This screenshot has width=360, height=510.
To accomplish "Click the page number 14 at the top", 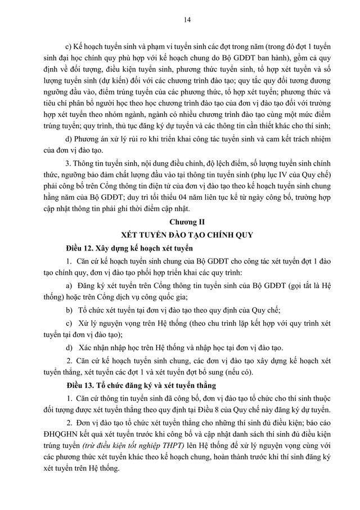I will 180,21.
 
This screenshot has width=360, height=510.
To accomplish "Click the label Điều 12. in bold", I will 80,248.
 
